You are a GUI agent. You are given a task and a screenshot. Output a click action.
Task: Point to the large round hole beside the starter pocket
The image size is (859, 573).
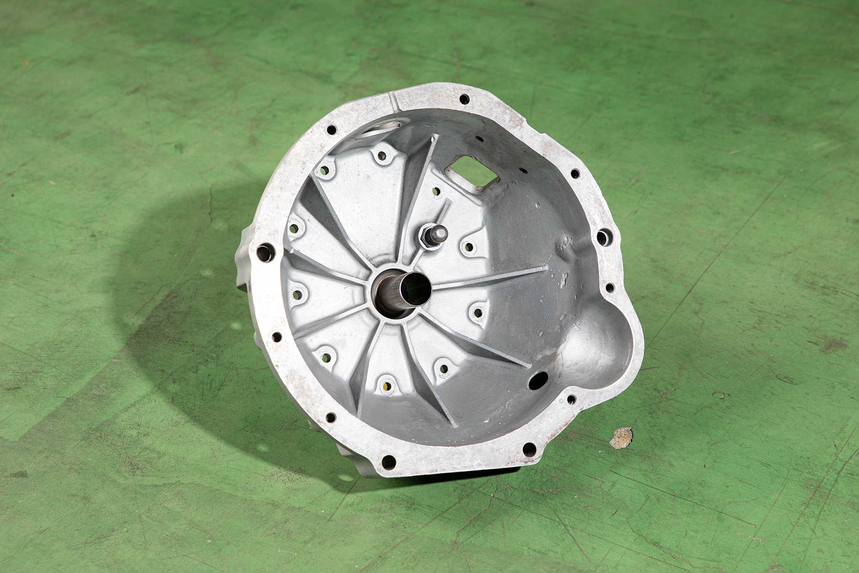tap(538, 381)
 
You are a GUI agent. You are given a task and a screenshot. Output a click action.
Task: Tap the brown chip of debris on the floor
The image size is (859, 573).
tap(621, 437)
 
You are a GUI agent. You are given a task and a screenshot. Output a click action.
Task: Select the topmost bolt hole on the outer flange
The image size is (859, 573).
tap(463, 99)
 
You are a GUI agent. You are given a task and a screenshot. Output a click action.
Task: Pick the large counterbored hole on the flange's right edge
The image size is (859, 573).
tap(604, 236)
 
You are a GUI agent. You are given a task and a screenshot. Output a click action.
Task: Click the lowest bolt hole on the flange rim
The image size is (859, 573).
tap(388, 462)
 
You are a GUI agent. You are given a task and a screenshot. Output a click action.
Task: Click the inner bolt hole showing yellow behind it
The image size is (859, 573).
tap(388, 386)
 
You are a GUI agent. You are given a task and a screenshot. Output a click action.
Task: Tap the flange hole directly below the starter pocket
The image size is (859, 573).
tap(571, 399)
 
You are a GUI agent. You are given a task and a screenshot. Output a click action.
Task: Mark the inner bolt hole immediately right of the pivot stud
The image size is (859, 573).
tap(470, 247)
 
